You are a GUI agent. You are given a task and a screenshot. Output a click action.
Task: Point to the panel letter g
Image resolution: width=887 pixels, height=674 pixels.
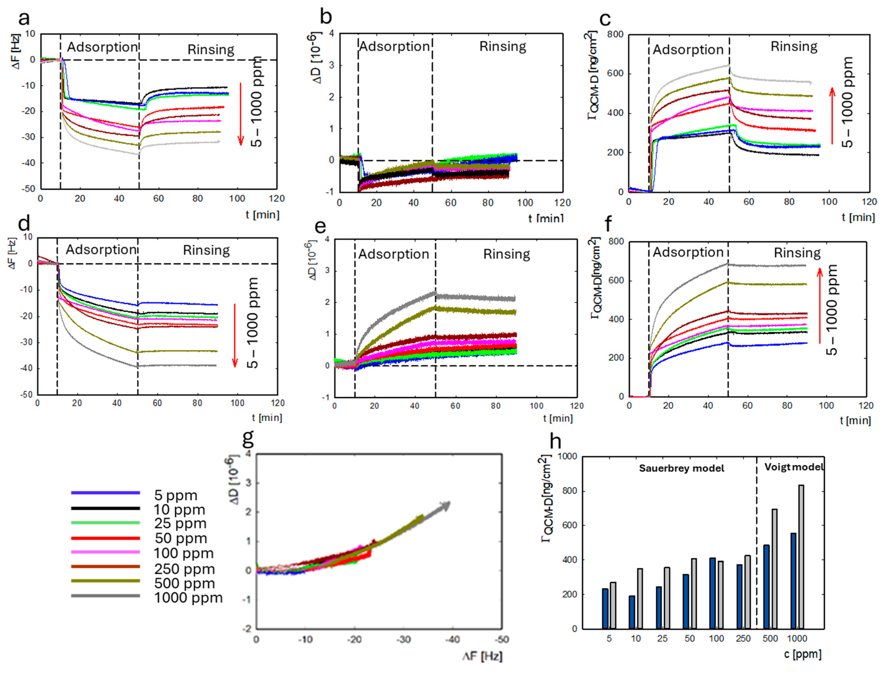[249, 438]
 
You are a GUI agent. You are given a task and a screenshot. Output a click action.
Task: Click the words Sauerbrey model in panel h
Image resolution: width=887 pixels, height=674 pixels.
[681, 468]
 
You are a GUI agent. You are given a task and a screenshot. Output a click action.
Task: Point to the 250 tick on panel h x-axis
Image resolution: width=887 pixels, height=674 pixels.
[743, 638]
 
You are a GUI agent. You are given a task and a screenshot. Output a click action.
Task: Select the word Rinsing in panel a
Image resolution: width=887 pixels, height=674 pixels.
[211, 50]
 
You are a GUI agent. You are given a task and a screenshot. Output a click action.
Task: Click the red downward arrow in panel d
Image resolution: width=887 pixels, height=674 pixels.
[235, 335]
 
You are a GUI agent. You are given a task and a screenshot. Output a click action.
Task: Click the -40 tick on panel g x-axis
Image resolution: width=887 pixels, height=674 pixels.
[453, 639]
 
